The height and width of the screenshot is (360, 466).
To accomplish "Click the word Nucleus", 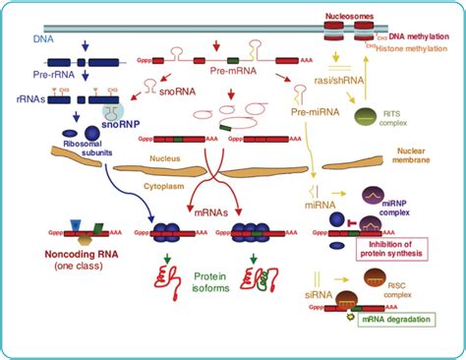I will (168, 156).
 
